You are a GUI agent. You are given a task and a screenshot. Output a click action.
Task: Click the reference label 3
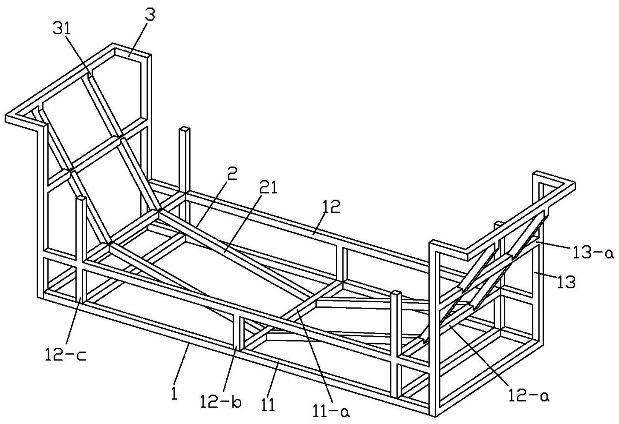click(x=149, y=15)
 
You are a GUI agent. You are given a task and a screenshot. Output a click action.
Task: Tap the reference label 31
click(x=62, y=29)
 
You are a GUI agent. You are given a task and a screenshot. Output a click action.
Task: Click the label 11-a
click(x=331, y=411)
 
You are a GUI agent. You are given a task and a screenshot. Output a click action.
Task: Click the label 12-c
click(x=65, y=355)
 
